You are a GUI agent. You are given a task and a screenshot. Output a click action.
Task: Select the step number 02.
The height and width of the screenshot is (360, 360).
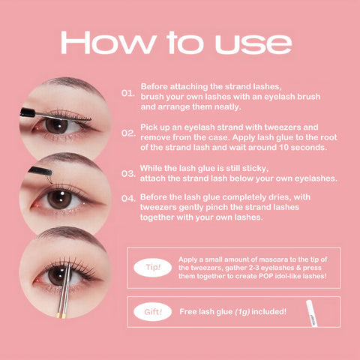tap(128, 133)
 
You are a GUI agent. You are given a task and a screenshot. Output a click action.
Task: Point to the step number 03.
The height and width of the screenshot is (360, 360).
tap(128, 173)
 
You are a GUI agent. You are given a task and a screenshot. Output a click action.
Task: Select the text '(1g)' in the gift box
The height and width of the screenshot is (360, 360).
tap(244, 310)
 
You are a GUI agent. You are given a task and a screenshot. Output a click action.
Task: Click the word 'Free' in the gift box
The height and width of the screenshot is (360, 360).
tap(189, 310)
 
